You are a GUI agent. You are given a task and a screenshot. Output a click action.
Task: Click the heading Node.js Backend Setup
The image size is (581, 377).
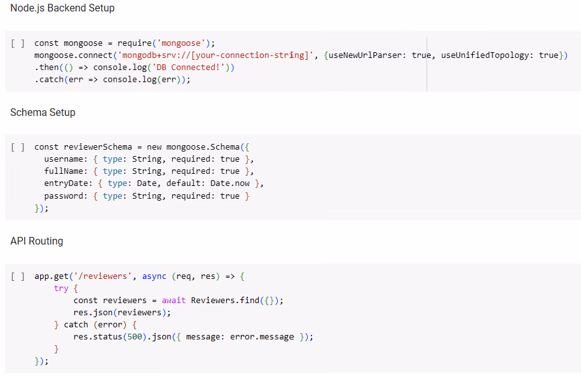coord(62,8)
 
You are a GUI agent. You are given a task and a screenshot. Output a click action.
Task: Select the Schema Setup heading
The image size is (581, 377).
coord(43,113)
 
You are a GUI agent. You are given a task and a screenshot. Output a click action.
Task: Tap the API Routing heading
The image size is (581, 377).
coord(36,241)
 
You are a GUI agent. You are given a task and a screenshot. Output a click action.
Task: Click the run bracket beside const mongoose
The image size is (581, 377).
coord(18,43)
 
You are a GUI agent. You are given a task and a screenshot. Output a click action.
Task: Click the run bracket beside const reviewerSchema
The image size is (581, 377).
coord(18,147)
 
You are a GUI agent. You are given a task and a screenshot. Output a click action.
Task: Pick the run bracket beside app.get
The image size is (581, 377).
coord(18,276)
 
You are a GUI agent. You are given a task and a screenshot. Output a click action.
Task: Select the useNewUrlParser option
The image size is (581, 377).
coord(364,55)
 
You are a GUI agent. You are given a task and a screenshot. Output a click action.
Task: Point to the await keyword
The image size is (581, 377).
coord(174,301)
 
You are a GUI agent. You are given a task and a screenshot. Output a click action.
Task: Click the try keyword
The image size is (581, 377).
coord(61,288)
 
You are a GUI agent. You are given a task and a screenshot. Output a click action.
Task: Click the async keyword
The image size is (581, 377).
coord(154,276)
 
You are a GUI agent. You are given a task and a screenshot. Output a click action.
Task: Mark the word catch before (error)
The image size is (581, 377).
coord(76,325)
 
